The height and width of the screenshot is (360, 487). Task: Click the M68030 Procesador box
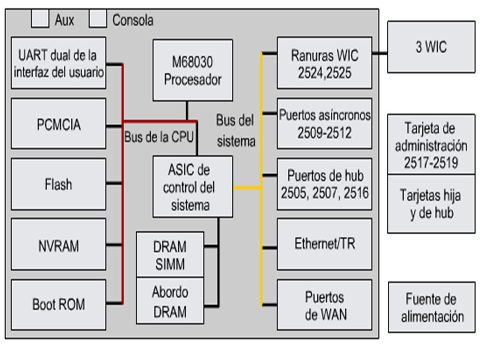pos(192,70)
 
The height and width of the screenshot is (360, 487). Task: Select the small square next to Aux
pos(40,19)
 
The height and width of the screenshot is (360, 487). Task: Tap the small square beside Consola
pos(98,19)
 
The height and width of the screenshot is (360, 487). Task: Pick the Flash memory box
pos(58,184)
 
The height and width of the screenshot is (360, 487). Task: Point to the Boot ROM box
pos(58,304)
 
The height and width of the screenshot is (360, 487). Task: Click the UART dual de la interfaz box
pos(58,63)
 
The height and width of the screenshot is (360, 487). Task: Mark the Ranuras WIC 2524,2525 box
pos(325,63)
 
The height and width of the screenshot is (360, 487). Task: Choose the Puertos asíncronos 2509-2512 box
pos(325,123)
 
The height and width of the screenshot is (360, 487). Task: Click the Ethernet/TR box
pos(325,245)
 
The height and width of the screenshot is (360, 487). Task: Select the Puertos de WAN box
pos(325,304)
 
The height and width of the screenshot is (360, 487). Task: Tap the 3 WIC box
pos(431,47)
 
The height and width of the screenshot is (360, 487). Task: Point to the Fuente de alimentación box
pos(431,307)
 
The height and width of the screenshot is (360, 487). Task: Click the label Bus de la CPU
pos(158,138)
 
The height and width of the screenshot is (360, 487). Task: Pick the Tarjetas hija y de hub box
pos(431,203)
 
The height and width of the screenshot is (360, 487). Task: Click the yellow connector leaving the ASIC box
pos(247,188)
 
